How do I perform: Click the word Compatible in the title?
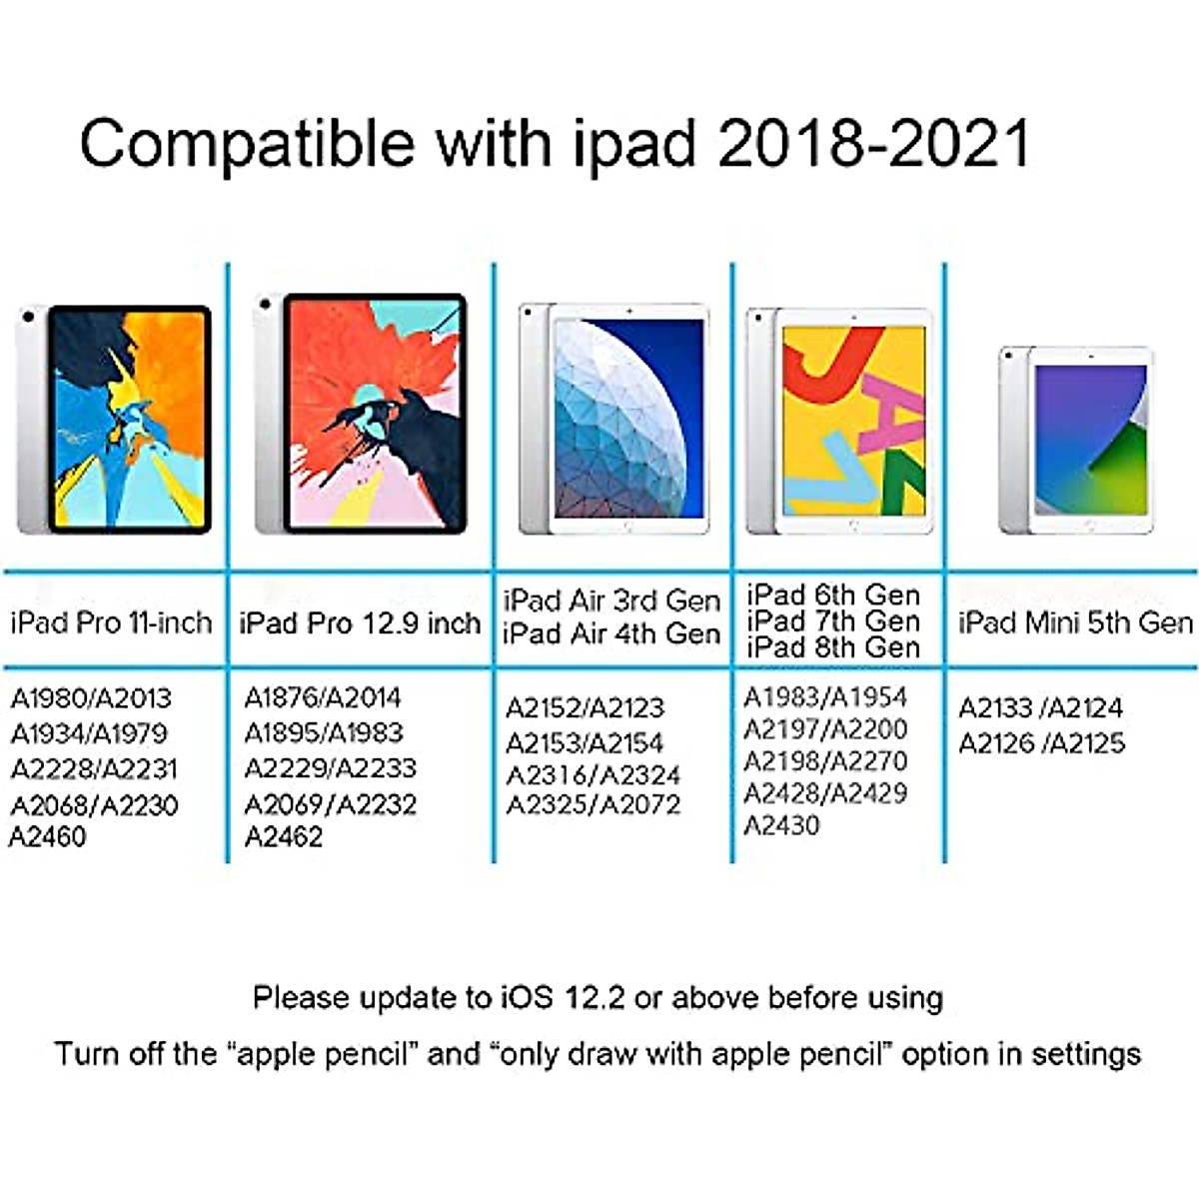click(x=246, y=145)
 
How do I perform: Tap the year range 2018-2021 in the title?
click(x=873, y=143)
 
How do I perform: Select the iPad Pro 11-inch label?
click(x=111, y=622)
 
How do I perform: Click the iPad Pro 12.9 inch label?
click(x=360, y=622)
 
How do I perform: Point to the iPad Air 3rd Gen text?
click(x=611, y=600)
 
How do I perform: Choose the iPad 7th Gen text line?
click(x=833, y=620)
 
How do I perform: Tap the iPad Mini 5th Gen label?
click(x=1075, y=622)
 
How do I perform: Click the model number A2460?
click(x=48, y=836)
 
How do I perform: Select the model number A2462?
click(x=284, y=836)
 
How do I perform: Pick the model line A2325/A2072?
click(x=594, y=804)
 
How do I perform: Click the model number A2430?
click(x=781, y=825)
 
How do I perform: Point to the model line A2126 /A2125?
click(x=1041, y=742)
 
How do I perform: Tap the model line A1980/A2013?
click(x=91, y=697)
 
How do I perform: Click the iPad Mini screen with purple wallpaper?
click(x=1090, y=440)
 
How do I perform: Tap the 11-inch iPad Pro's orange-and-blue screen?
click(x=129, y=419)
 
